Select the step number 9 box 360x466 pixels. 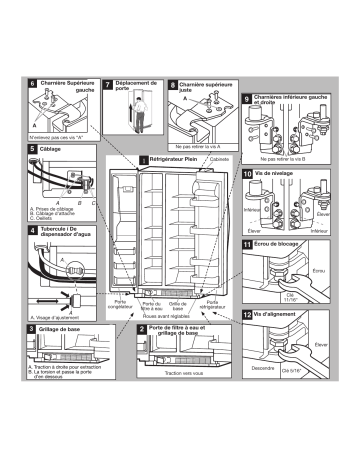pyautogui.click(x=247, y=99)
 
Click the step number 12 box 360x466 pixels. pyautogui.click(x=247, y=315)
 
